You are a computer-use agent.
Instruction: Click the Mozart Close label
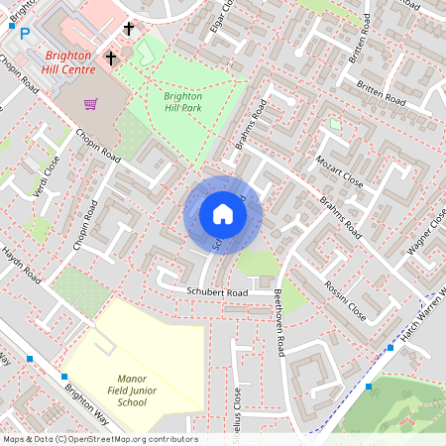340,169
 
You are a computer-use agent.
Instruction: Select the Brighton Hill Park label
183,101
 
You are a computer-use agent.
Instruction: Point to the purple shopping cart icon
91,103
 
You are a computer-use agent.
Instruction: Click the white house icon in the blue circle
223,214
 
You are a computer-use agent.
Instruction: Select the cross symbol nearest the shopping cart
111,57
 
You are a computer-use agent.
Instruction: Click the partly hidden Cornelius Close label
236,406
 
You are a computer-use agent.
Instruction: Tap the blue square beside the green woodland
369,386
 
